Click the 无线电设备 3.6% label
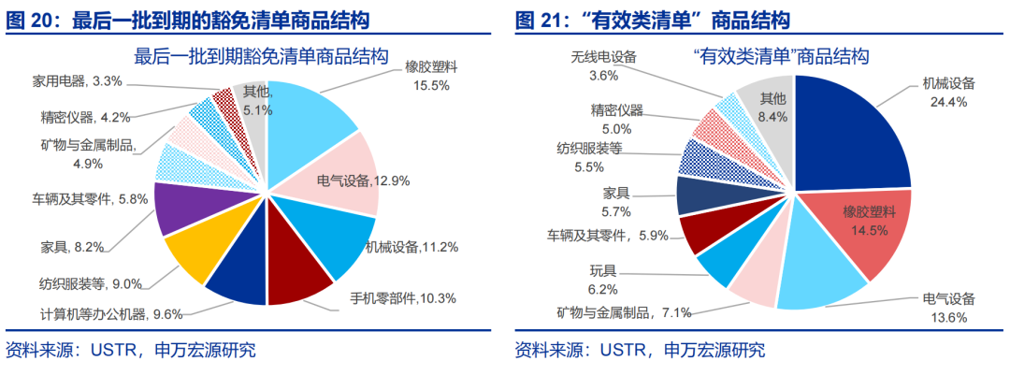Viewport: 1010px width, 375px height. click(603, 65)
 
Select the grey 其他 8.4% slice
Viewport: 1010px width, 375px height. click(767, 108)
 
